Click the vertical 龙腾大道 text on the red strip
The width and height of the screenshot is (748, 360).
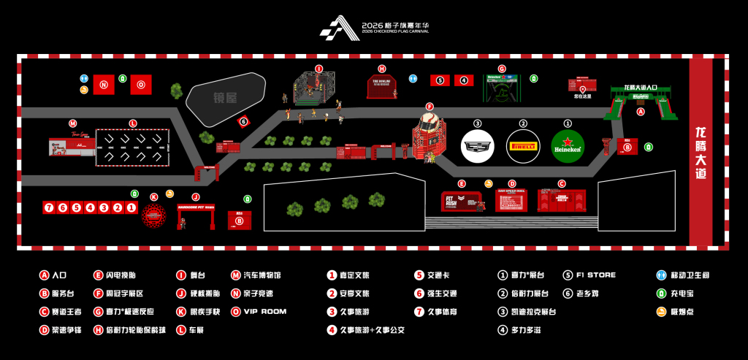tap(701, 153)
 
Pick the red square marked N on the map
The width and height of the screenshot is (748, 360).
tap(104, 84)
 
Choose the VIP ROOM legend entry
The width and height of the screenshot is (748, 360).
tap(262, 311)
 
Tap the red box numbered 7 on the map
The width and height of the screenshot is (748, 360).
tap(49, 207)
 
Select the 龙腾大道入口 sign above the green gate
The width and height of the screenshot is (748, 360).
tap(641, 88)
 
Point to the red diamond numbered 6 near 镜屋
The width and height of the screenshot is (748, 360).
tap(244, 122)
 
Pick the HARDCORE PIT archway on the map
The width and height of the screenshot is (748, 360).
tap(195, 214)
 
